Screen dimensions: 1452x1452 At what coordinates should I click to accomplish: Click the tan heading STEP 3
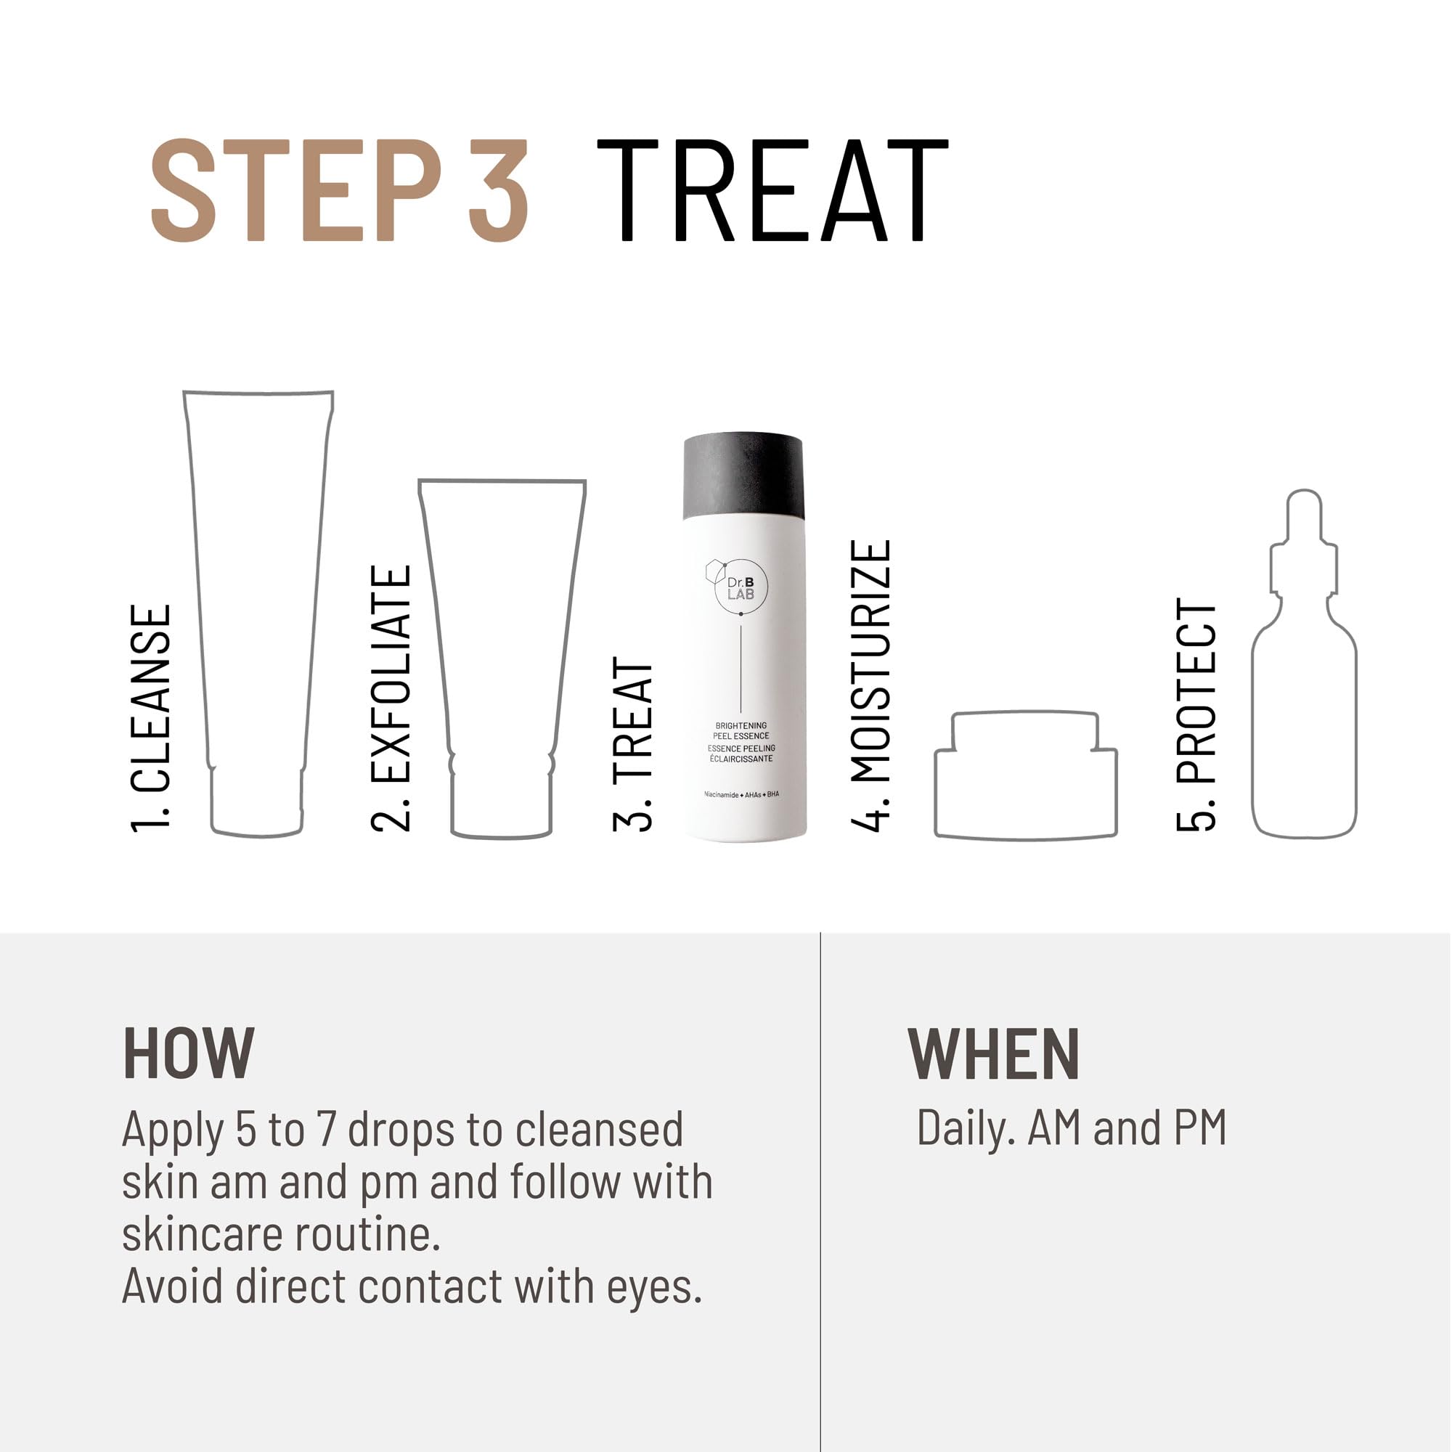pos(340,191)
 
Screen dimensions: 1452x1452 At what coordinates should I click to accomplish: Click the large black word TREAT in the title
pos(772,191)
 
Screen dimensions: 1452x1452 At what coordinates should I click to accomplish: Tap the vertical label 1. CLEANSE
pos(151,719)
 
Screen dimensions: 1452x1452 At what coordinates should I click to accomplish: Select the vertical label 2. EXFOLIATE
pos(391,699)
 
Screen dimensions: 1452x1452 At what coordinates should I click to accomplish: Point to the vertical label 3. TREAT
pos(632,744)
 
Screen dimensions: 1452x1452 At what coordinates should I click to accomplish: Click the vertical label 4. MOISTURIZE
pos(871,685)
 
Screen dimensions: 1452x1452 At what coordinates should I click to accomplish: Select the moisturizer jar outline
pos(1026,782)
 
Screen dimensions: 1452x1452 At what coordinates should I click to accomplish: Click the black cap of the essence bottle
pos(743,475)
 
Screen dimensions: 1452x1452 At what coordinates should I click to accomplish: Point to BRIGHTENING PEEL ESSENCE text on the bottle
pos(741,730)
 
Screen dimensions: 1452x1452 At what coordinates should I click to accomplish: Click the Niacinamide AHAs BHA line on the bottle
pos(741,794)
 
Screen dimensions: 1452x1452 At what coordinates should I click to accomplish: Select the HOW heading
pos(189,1053)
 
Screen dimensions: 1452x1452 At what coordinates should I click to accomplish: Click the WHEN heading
pos(994,1053)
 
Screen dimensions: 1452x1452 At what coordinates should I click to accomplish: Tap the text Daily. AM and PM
pos(1072,1129)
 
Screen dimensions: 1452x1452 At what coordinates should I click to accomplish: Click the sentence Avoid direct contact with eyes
pos(412,1286)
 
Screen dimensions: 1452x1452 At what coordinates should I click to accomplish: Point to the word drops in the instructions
pos(401,1130)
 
